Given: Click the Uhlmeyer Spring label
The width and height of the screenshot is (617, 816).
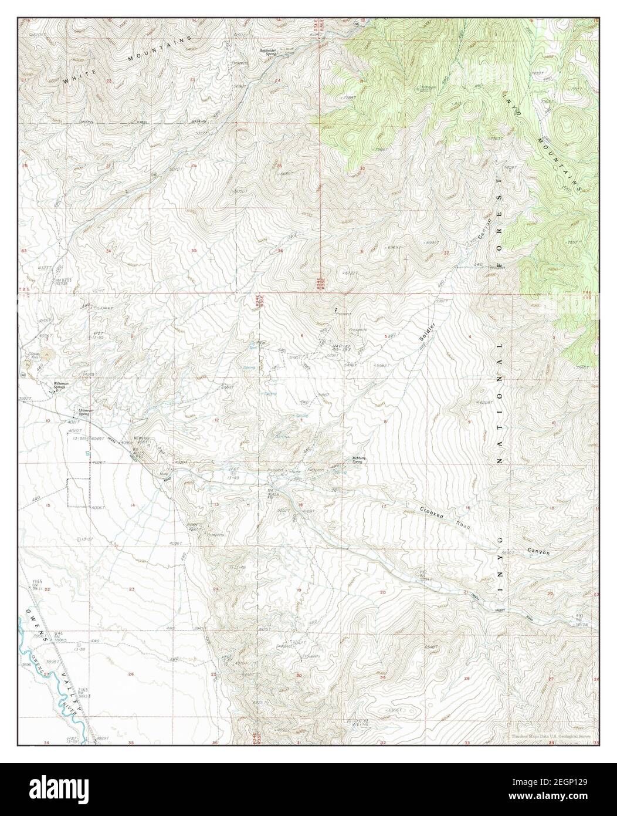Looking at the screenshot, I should click(80, 412).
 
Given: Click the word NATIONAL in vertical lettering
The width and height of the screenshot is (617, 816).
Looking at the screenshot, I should click(500, 405).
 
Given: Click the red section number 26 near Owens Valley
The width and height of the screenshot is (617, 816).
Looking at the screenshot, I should click(130, 675).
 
